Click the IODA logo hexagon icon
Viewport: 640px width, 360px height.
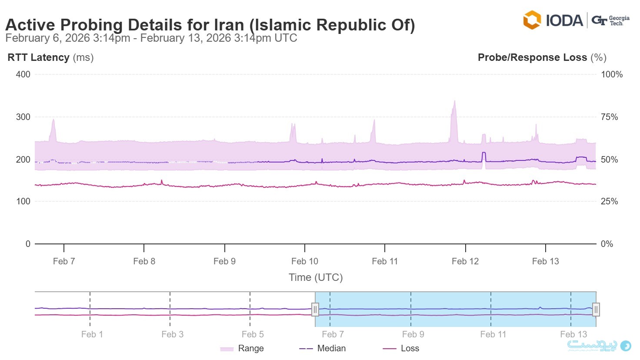click(x=532, y=20)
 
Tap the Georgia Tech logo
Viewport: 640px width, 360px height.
click(x=610, y=20)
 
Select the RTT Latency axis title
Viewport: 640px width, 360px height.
click(x=50, y=57)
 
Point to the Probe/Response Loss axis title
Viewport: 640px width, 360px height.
click(x=542, y=57)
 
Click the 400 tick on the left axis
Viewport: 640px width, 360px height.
click(x=23, y=74)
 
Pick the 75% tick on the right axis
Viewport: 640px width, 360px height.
click(x=609, y=117)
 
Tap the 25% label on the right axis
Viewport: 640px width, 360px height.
click(x=609, y=201)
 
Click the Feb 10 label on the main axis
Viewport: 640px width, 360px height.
click(x=304, y=261)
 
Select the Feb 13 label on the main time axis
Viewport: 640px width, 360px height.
click(x=545, y=261)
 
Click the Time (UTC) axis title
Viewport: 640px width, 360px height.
click(x=316, y=277)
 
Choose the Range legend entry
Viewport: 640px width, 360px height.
click(x=242, y=348)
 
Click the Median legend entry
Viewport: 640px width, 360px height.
click(x=323, y=348)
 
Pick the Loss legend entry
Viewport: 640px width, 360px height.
click(x=401, y=348)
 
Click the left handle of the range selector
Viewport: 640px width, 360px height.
click(x=315, y=310)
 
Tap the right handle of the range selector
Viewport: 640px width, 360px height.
click(x=596, y=310)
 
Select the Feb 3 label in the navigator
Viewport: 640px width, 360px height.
click(x=172, y=334)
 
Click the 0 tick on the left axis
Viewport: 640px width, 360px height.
click(x=28, y=244)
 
